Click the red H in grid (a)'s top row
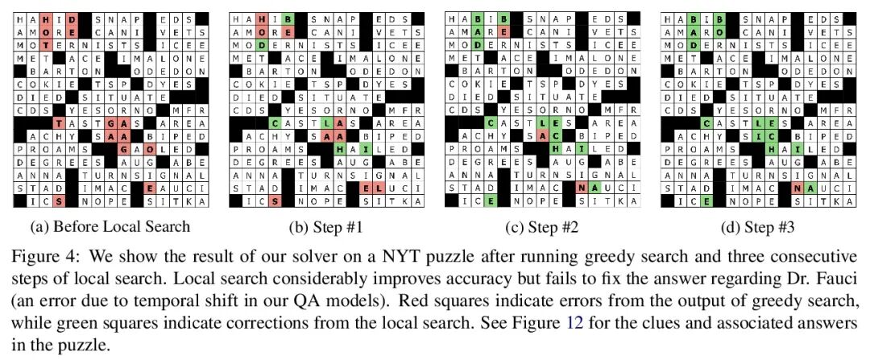pyautogui.click(x=47, y=19)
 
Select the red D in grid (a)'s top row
pyautogui.click(x=72, y=19)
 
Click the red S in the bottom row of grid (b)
pyautogui.click(x=275, y=201)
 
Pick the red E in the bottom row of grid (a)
pyautogui.click(x=150, y=187)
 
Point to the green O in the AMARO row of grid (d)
pyautogui.click(x=718, y=31)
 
